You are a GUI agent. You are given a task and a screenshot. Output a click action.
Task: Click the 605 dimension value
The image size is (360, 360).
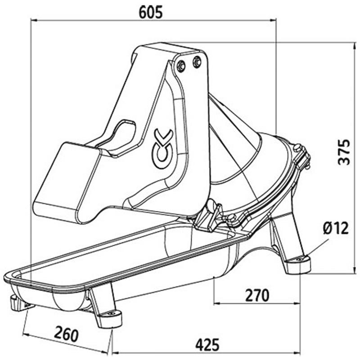(x=151, y=12)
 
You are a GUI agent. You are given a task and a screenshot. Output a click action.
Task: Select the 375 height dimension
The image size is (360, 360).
(x=344, y=152)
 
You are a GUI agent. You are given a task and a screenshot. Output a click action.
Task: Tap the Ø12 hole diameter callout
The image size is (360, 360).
(x=336, y=228)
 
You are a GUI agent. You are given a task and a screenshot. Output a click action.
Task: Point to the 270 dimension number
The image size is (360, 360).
(x=257, y=295)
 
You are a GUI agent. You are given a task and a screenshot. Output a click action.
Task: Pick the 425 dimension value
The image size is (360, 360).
(x=207, y=345)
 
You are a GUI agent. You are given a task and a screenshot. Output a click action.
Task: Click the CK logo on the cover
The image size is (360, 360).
(x=162, y=149)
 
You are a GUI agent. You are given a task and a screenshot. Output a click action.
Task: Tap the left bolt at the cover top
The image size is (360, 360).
(x=181, y=66)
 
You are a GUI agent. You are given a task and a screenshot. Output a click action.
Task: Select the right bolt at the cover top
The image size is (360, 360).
(x=197, y=62)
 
